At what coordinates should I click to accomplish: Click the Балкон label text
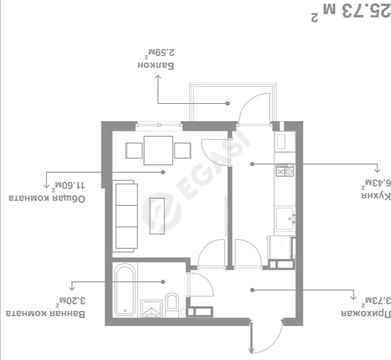click(x=156, y=65)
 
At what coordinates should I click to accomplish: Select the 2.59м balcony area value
click(x=160, y=52)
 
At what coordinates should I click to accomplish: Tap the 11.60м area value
click(x=68, y=185)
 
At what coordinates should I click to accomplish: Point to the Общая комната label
click(x=47, y=198)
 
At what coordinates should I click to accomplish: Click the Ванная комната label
click(x=45, y=313)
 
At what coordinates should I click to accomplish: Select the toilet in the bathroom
click(x=172, y=305)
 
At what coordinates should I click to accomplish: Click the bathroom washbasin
click(x=151, y=309)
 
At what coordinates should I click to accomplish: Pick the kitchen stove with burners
click(x=285, y=170)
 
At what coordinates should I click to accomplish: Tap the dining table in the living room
click(x=158, y=150)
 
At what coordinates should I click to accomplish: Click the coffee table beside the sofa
click(x=157, y=216)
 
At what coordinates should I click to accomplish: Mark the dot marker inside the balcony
click(x=228, y=103)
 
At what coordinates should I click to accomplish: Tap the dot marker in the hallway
click(x=252, y=290)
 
